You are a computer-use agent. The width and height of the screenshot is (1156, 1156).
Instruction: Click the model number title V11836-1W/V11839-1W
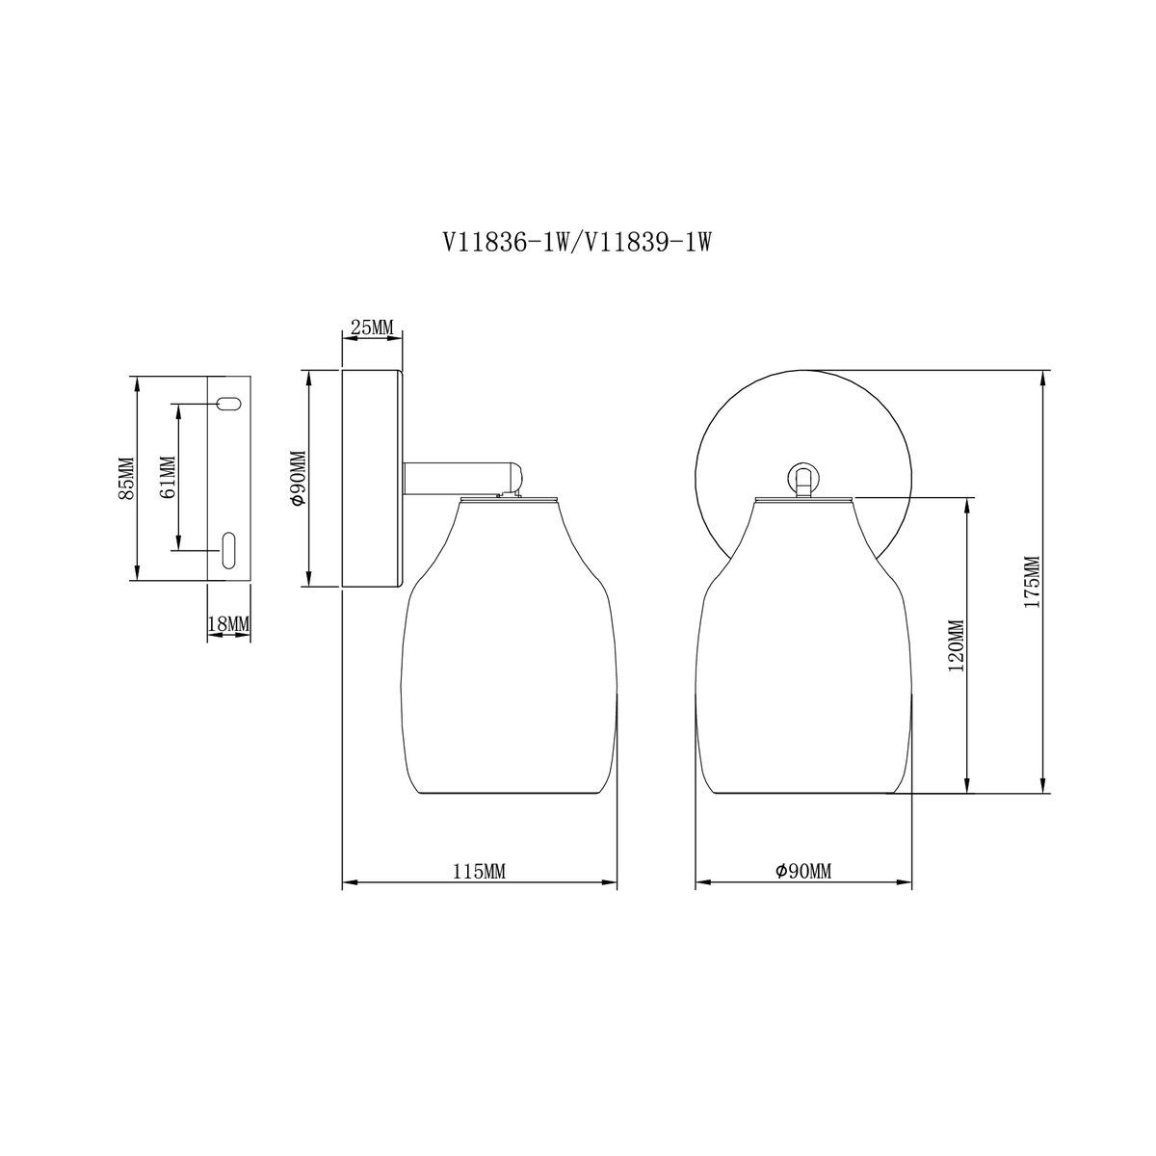pyautogui.click(x=576, y=243)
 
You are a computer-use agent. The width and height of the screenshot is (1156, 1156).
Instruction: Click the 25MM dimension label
pyautogui.click(x=371, y=328)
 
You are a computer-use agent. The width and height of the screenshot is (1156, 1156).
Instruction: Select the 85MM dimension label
pyautogui.click(x=126, y=478)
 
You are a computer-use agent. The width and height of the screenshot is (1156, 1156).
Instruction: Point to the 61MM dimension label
pyautogui.click(x=169, y=478)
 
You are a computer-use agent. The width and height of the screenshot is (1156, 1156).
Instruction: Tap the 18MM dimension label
pyautogui.click(x=228, y=624)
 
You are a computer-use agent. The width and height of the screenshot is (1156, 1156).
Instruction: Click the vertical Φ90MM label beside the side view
pyautogui.click(x=298, y=478)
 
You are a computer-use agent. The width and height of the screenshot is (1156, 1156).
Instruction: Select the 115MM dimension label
pyautogui.click(x=479, y=872)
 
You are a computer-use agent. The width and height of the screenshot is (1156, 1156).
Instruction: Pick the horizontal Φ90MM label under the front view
pyautogui.click(x=802, y=871)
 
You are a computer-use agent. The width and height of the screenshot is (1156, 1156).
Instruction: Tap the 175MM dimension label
pyautogui.click(x=1032, y=582)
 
